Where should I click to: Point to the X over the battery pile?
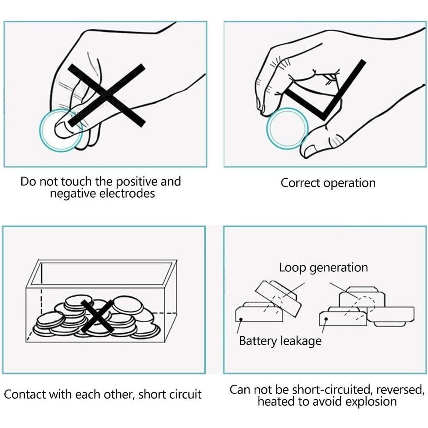(97, 316)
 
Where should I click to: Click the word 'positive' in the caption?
(137, 182)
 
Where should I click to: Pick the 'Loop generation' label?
(323, 267)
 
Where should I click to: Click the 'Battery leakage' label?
(280, 341)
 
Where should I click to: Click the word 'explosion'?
(371, 402)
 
